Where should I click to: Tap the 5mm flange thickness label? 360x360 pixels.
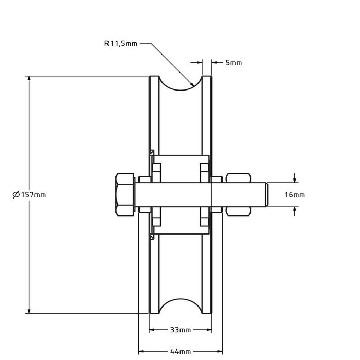coord(233,63)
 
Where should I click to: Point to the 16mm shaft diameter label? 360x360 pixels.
coord(295,195)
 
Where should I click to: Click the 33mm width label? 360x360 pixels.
coord(180,330)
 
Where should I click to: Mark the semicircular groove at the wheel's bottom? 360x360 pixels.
coord(180,303)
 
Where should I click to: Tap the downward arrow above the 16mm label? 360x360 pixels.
coord(295,179)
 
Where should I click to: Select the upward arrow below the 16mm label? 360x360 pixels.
coord(295,209)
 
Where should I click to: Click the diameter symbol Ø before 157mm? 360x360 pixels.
coord(15,194)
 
